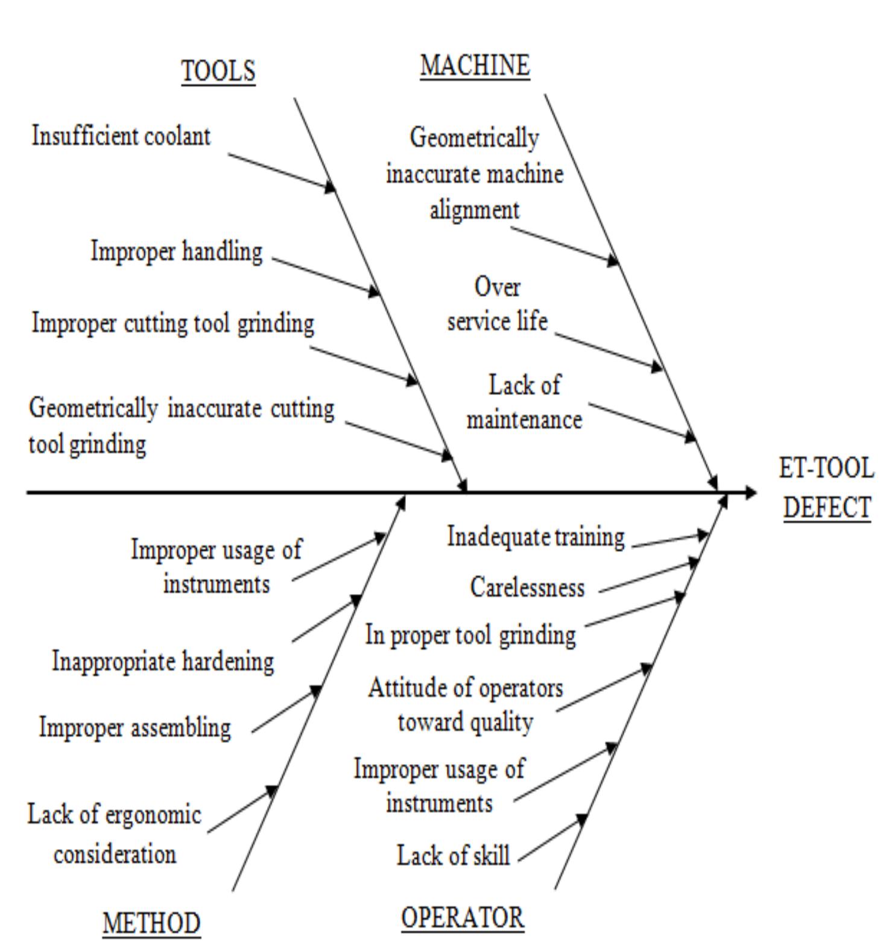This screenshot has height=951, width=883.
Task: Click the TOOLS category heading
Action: [x=218, y=71]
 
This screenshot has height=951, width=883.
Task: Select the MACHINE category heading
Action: [x=475, y=65]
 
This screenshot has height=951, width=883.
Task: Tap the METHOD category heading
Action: [x=151, y=923]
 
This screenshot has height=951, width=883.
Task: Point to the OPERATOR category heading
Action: [x=463, y=917]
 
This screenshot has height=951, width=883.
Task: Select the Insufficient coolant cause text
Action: [x=121, y=136]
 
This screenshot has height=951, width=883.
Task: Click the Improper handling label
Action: [x=177, y=251]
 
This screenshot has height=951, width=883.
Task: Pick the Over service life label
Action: [x=497, y=304]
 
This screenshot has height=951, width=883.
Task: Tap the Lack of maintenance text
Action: [x=524, y=402]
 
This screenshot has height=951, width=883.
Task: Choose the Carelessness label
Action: [x=527, y=587]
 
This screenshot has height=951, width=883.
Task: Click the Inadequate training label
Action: [x=536, y=536]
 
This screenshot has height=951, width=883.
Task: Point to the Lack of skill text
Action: [x=453, y=855]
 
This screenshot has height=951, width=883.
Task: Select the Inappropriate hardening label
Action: [x=163, y=661]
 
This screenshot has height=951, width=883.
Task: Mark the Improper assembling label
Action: [x=135, y=727]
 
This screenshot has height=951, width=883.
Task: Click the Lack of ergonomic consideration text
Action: [x=114, y=834]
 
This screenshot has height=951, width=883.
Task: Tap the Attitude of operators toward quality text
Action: [x=465, y=704]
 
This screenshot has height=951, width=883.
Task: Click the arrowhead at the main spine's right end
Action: [x=750, y=493]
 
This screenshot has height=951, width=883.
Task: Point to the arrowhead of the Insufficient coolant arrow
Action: [x=330, y=186]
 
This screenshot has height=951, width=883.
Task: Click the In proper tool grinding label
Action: [x=470, y=635]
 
